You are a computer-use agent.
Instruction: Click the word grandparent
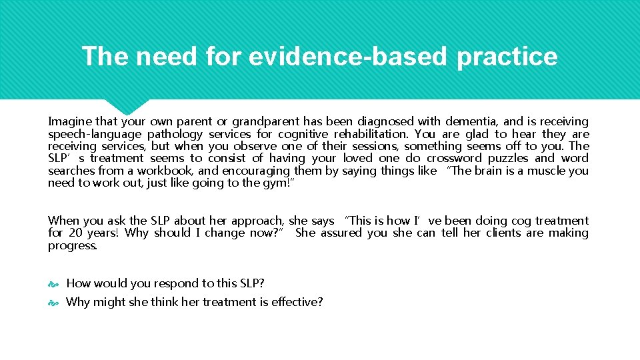click(265, 121)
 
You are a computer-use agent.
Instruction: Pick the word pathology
click(175, 134)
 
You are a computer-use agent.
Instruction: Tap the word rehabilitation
click(371, 134)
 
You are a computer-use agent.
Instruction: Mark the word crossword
click(454, 158)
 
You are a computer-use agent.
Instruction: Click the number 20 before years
click(76, 233)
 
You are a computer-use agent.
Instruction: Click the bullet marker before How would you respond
click(53, 284)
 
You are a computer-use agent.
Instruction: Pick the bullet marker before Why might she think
click(53, 303)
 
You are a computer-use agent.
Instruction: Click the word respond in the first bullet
click(180, 283)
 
